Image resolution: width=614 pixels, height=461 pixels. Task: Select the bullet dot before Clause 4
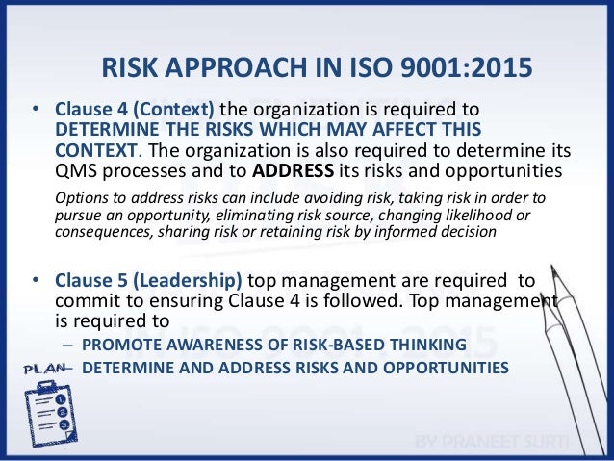[x=36, y=113]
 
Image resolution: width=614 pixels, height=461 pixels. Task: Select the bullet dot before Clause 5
[x=36, y=282]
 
